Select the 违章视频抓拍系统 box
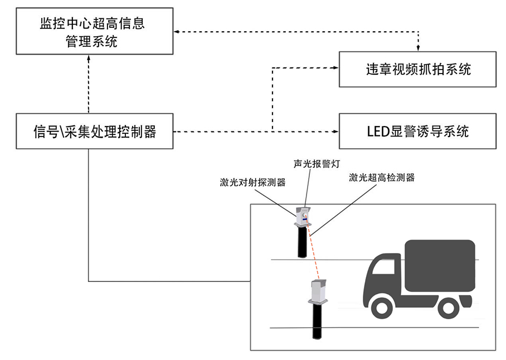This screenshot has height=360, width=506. [417, 69]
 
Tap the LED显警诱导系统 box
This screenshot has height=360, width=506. [417, 131]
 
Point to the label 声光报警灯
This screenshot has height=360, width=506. [316, 164]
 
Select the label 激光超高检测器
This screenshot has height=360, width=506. [382, 178]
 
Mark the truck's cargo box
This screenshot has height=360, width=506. [440, 265]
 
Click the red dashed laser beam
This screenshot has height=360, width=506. [314, 254]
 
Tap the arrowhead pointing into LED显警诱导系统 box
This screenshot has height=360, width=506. [336, 132]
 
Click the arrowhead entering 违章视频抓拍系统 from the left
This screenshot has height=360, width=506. [336, 69]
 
